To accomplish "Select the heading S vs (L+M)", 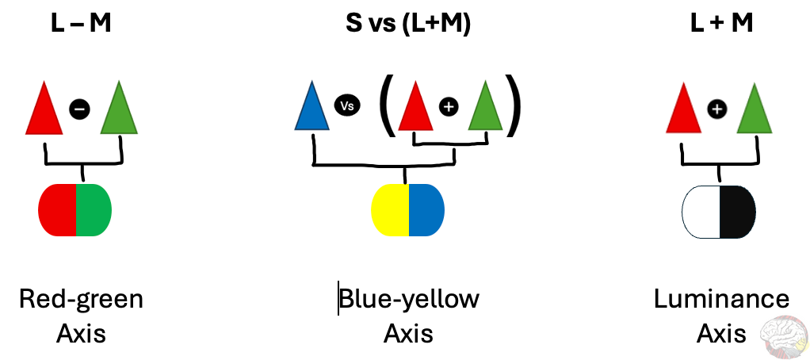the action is [408, 25].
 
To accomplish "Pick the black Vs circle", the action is [346, 105].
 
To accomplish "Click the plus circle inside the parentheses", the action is [449, 106].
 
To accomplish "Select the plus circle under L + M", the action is [717, 109].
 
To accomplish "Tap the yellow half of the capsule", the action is [391, 210].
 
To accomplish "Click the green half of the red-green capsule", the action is [94, 210].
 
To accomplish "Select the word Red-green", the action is [81, 300].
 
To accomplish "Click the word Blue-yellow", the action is [409, 300].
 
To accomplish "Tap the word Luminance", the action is [721, 300].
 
